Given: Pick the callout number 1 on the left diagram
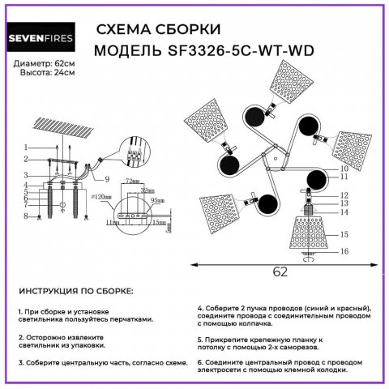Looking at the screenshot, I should (x=26, y=147).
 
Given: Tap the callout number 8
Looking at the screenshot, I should (x=26, y=216).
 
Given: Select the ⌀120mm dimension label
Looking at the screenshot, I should (x=103, y=195).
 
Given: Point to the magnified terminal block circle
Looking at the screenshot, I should (x=135, y=153).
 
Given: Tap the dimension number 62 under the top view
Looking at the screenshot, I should (x=280, y=271).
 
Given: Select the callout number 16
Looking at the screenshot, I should (x=344, y=252).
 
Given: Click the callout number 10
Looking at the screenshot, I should (x=344, y=168).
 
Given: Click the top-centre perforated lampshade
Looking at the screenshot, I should (x=283, y=82).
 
